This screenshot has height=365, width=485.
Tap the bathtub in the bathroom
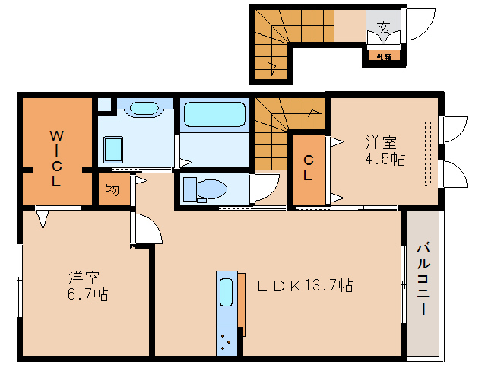pos(215,114)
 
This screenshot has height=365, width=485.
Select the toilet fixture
pos(206,188)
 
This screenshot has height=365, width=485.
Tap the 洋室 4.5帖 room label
pos(385,151)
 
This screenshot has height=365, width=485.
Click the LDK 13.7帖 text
pos(304,285)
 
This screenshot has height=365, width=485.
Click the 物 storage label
pos(112,189)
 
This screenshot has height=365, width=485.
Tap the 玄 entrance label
pos(383,28)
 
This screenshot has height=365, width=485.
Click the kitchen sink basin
pos(227,291)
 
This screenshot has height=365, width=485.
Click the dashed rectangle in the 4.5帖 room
pos(429,152)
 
